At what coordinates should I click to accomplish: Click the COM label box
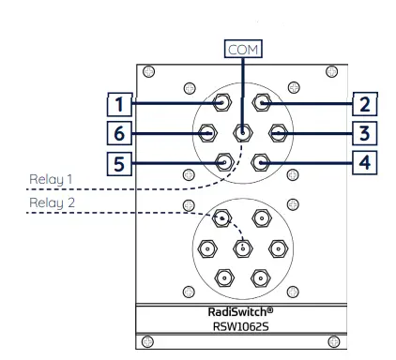click(x=242, y=48)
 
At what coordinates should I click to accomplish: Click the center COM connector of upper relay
click(x=242, y=133)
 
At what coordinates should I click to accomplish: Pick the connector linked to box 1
click(x=223, y=102)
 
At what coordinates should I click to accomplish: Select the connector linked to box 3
click(x=278, y=133)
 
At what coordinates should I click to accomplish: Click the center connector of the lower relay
click(x=242, y=248)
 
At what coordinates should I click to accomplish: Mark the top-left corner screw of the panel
click(x=147, y=72)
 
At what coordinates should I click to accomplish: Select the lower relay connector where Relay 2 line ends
click(x=223, y=218)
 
